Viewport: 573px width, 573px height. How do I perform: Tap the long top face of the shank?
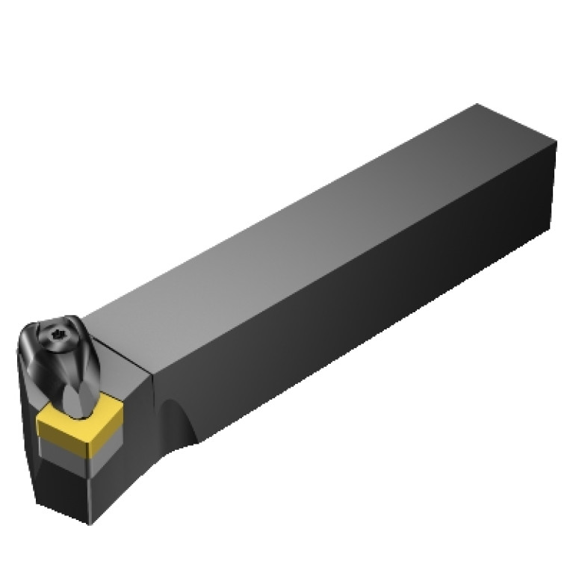click(299, 224)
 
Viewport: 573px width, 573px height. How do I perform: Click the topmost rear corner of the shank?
click(476, 105)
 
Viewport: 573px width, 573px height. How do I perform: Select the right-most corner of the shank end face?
click(557, 146)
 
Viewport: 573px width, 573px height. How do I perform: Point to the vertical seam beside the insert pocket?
click(152, 403)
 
